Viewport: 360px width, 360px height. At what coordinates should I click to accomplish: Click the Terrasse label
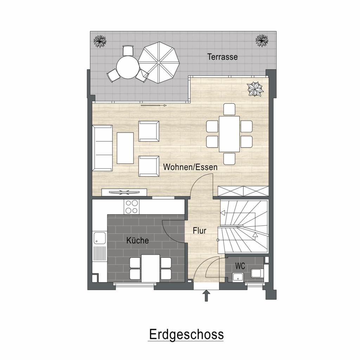coord(222,57)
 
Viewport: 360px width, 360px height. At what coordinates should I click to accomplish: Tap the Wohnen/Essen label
coord(190,167)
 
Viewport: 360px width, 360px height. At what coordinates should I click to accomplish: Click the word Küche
coord(137,240)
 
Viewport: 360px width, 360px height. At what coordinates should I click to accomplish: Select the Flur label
coord(199,231)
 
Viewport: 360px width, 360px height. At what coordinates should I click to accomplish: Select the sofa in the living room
coord(102,148)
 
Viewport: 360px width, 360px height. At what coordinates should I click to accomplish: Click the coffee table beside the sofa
coord(125,148)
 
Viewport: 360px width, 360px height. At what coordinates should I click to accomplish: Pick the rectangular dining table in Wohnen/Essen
coord(229,133)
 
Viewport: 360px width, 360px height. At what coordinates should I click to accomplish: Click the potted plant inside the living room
coord(255,89)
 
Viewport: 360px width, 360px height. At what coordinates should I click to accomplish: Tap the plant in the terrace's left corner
coord(100,41)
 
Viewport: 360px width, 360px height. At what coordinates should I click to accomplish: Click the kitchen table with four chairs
coord(150,268)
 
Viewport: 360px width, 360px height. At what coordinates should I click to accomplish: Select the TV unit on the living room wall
coord(124,192)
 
